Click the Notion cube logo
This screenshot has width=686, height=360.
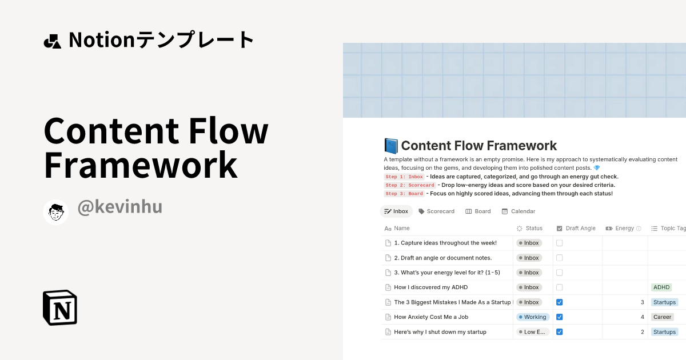pyautogui.click(x=60, y=307)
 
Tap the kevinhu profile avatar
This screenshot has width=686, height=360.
pyautogui.click(x=56, y=213)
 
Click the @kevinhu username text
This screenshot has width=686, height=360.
pyautogui.click(x=119, y=207)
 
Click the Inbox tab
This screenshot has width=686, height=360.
pyautogui.click(x=396, y=211)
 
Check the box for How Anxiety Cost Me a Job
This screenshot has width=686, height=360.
pyautogui.click(x=560, y=317)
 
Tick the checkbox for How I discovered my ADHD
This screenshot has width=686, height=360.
pyautogui.click(x=560, y=287)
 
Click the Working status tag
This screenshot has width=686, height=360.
pyautogui.click(x=532, y=317)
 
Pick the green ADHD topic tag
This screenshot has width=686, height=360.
pyautogui.click(x=661, y=287)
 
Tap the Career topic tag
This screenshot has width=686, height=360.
pyautogui.click(x=663, y=317)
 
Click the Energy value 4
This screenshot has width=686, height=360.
pyautogui.click(x=642, y=317)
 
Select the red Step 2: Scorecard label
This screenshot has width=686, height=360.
pyautogui.click(x=410, y=185)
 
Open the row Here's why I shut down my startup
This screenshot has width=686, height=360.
pyautogui.click(x=440, y=332)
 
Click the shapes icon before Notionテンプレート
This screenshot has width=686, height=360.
pyautogui.click(x=52, y=41)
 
